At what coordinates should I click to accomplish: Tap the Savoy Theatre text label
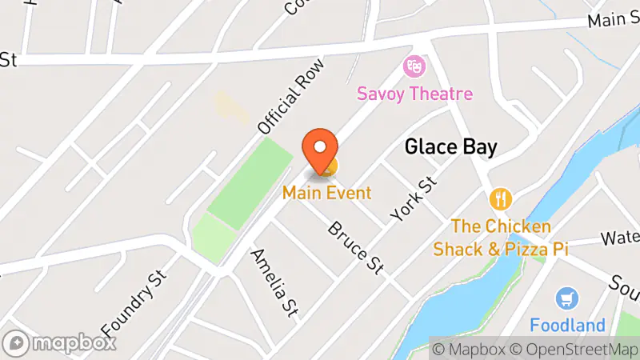(414, 94)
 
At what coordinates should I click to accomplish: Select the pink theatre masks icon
(414, 64)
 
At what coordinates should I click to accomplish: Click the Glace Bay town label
(451, 147)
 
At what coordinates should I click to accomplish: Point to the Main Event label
(326, 193)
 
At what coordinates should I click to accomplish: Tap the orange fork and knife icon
(501, 198)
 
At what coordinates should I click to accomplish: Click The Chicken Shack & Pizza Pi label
(501, 238)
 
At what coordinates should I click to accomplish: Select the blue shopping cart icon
(567, 298)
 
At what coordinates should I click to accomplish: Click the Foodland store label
(567, 326)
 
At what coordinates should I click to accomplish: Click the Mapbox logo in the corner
(60, 343)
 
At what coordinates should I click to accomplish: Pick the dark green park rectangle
(249, 177)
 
